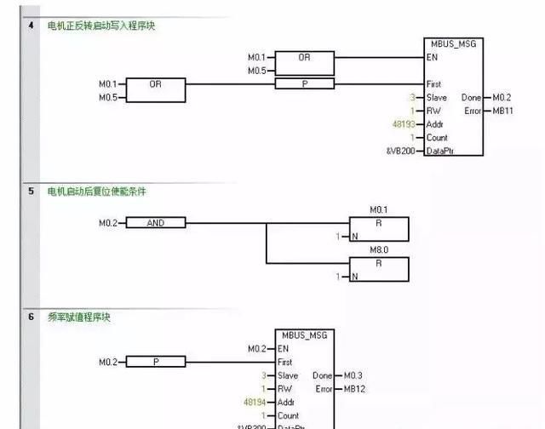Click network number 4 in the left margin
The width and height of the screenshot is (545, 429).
click(32, 26)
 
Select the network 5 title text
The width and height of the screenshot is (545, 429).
click(96, 192)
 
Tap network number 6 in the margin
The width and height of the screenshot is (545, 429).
click(32, 317)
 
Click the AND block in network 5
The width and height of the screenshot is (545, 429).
click(155, 223)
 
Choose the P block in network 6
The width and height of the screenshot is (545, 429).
click(155, 362)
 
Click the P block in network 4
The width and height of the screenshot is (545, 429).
click(304, 83)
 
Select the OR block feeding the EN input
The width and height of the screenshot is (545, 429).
click(304, 58)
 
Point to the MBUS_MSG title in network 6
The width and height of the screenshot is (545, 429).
click(301, 335)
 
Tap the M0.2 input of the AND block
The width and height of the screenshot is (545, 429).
click(110, 223)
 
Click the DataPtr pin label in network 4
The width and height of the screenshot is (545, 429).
click(442, 151)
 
